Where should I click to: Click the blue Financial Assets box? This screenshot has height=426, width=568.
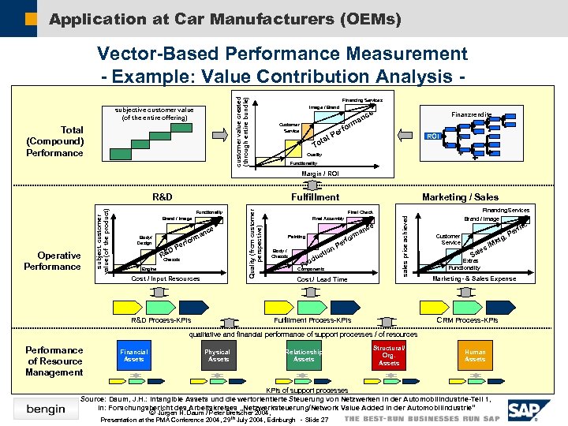click(134, 356)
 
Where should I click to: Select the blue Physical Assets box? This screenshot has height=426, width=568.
click(218, 356)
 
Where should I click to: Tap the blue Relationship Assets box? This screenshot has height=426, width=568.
click(304, 356)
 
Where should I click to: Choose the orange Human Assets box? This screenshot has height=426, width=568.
click(475, 356)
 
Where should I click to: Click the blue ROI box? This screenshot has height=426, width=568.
click(432, 136)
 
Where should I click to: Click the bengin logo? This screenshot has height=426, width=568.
click(46, 409)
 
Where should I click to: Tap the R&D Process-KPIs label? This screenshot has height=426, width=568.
click(159, 320)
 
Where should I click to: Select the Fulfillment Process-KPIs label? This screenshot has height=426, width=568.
click(312, 320)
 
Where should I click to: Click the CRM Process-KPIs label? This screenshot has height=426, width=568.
click(467, 320)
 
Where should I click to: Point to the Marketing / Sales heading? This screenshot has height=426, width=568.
click(460, 197)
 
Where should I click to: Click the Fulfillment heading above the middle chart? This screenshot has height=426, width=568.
click(315, 197)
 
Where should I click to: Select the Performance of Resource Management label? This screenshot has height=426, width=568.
click(54, 361)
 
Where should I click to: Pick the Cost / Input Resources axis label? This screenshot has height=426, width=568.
click(165, 278)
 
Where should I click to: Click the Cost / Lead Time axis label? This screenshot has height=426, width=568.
click(322, 279)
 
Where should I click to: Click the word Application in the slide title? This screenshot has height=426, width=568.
click(92, 18)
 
